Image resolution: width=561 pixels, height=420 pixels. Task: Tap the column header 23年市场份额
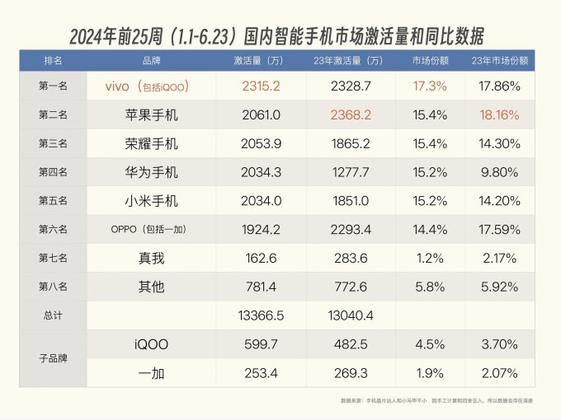pyautogui.click(x=500, y=62)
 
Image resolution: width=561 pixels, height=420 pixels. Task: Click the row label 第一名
pyautogui.click(x=53, y=86)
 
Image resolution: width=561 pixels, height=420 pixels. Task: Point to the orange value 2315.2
pyautogui.click(x=262, y=86)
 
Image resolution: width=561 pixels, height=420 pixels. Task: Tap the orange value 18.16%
pyautogui.click(x=500, y=114)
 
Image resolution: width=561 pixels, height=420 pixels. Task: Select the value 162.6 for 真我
pyautogui.click(x=262, y=258)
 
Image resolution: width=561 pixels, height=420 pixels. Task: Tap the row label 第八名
pyautogui.click(x=53, y=287)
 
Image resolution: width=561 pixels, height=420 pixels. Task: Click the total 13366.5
pyautogui.click(x=262, y=315)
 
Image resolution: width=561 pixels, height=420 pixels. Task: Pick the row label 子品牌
pyautogui.click(x=53, y=358)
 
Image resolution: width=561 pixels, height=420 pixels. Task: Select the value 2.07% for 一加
pyautogui.click(x=500, y=372)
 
